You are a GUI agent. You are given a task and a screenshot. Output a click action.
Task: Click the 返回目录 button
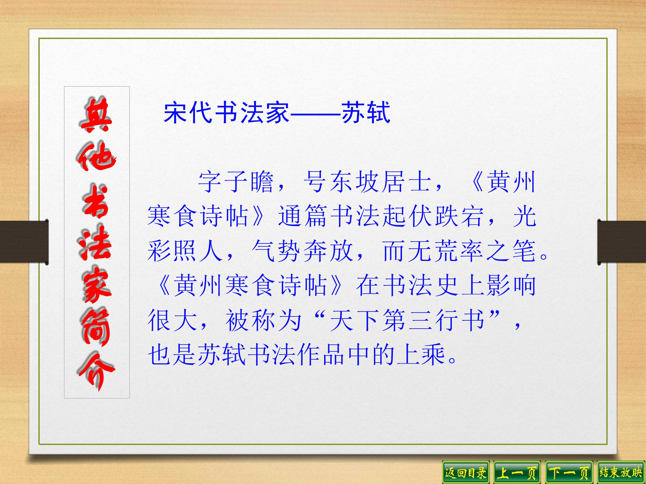[465, 472]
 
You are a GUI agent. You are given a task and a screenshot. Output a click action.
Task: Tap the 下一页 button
[569, 472]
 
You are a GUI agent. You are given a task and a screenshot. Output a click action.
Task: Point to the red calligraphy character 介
[97, 371]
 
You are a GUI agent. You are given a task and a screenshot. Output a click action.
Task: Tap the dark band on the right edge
[622, 242]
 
